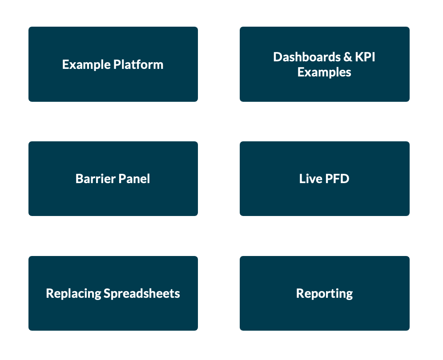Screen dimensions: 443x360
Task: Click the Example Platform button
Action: pyautogui.click(x=113, y=64)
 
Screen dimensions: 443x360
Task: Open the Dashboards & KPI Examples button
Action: pyautogui.click(x=325, y=64)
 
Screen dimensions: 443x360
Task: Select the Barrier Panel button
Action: pyautogui.click(x=113, y=179)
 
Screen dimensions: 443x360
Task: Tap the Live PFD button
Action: pyautogui.click(x=325, y=179)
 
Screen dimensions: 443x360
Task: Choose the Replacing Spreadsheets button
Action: pyautogui.click(x=113, y=293)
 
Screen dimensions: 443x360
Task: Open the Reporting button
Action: pyautogui.click(x=325, y=293)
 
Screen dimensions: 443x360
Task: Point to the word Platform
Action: pyautogui.click(x=138, y=64)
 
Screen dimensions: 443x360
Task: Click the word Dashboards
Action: pyautogui.click(x=307, y=57)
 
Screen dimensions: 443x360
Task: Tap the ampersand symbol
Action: pyautogui.click(x=348, y=57)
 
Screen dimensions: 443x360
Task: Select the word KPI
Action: pyautogui.click(x=365, y=57)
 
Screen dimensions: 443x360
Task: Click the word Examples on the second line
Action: pyautogui.click(x=324, y=73)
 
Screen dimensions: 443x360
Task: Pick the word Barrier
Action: pyautogui.click(x=95, y=179)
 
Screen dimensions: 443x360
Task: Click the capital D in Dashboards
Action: pyautogui.click(x=278, y=57)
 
